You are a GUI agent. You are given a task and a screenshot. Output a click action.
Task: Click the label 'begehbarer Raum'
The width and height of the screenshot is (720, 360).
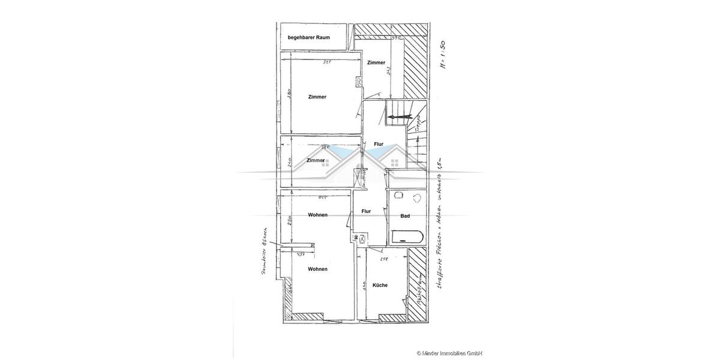[x=308, y=38]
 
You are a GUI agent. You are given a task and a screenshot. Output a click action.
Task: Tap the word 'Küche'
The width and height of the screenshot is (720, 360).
[x=380, y=285]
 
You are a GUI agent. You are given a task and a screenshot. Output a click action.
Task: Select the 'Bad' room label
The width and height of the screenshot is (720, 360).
[x=405, y=216]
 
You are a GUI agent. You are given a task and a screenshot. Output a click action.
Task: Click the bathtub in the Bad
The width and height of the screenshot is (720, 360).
[x=407, y=237]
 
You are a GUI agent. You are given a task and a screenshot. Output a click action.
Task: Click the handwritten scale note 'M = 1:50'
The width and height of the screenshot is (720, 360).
[x=443, y=56]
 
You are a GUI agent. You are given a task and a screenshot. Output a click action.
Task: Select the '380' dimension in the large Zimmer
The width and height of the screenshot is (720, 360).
[x=288, y=94]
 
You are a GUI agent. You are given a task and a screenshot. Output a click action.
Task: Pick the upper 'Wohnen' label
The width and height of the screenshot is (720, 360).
[x=317, y=215]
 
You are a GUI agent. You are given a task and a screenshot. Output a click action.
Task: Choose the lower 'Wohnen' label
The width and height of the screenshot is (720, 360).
[x=317, y=269]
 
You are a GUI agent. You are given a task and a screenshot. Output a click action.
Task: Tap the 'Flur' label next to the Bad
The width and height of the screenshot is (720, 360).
[x=366, y=211]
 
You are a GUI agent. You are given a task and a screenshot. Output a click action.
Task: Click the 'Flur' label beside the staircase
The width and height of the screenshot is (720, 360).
[x=379, y=144]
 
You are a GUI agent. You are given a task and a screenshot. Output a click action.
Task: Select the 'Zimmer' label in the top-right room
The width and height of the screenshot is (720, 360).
[x=376, y=63]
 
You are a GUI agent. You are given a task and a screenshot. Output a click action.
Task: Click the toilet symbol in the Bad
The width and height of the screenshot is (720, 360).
[x=417, y=198]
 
